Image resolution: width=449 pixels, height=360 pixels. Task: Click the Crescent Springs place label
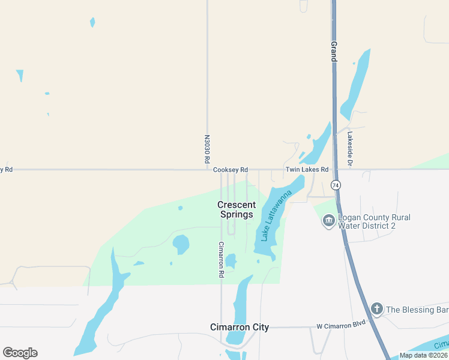pos(237,209)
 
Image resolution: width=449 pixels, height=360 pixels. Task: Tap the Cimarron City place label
pos(240,327)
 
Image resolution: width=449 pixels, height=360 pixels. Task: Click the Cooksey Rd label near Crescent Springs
pos(231,170)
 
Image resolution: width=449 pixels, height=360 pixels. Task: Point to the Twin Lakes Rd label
pos(307,170)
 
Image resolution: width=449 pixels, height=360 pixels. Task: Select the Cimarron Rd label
pos(221,259)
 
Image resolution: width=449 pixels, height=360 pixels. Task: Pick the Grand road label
pos(333,51)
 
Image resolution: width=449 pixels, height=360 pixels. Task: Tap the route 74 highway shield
pos(336,185)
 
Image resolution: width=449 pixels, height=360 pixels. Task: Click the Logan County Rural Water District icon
pos(328,221)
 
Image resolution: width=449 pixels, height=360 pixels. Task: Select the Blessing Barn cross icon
pos(376,310)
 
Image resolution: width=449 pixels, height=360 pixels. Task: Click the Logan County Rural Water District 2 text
pos(375,221)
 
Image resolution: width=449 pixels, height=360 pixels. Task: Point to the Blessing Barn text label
pos(417,310)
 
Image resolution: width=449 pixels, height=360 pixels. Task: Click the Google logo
pos(20,353)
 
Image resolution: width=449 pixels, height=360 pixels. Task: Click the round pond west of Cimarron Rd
pos(181,244)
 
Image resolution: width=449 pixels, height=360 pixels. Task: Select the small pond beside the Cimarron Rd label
pos(231,261)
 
